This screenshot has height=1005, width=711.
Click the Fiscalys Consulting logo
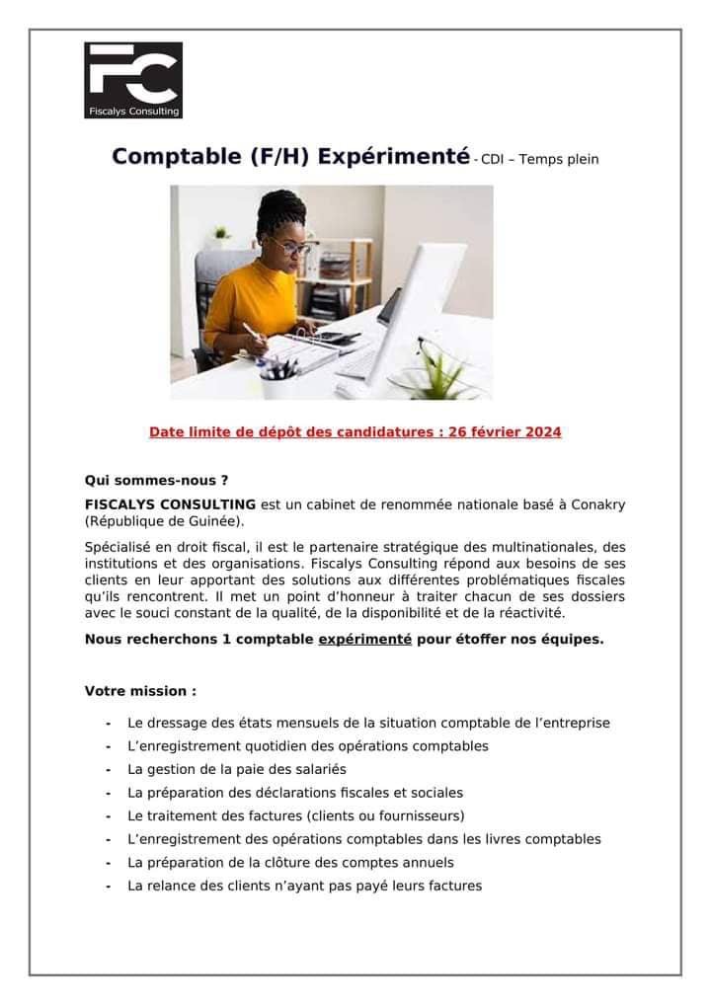click(133, 80)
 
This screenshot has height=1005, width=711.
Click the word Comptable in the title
click(163, 157)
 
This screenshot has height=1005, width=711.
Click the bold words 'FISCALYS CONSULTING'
click(170, 504)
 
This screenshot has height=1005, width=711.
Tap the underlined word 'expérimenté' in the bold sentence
click(364, 639)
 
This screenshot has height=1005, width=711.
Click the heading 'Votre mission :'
click(140, 691)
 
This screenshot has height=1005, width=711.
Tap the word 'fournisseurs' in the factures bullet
click(419, 815)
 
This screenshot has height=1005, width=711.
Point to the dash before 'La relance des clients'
click(107, 887)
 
